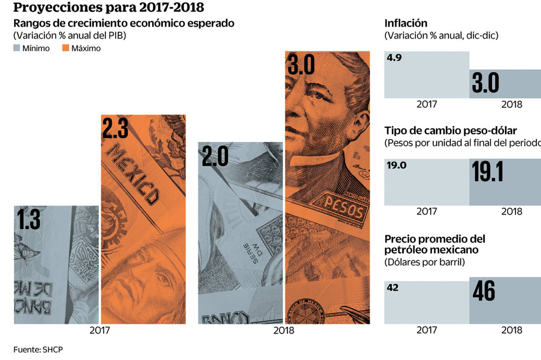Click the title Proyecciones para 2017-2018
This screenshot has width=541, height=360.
103,8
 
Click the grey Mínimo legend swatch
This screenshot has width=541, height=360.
17,48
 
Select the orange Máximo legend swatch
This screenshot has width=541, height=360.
66,48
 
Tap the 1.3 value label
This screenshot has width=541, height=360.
29,220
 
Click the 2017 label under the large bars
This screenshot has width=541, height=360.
100,330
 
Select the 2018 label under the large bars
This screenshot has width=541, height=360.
284,330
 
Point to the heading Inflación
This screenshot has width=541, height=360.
406,24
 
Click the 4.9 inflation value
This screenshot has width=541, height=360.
394,58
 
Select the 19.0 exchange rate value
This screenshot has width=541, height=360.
396,165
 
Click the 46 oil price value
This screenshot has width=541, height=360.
484,292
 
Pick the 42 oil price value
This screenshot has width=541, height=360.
393,288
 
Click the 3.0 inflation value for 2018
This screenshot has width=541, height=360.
485,83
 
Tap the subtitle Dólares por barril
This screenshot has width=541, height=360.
424,262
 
